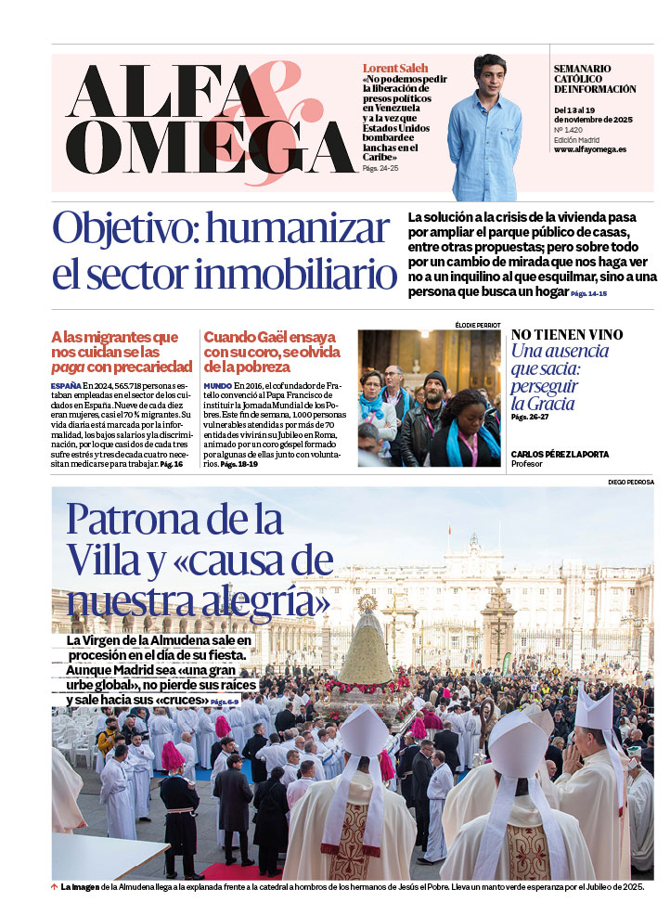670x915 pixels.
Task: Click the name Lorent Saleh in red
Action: pos(395,69)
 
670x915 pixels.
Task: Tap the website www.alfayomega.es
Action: pos(589,149)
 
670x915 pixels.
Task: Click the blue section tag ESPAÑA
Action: pos(65,385)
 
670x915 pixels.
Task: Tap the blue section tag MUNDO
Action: pos(217,385)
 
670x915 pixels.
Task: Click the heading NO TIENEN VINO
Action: pos(566,335)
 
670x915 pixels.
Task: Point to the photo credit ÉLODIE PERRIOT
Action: pos(478,325)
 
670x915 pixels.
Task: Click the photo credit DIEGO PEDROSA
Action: pos(631,483)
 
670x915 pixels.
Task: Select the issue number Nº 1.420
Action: pos(568,131)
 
